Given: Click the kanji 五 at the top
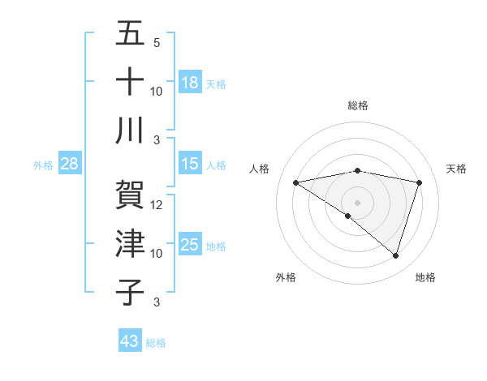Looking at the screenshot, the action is [x=130, y=35].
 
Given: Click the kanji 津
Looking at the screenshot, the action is [x=130, y=244].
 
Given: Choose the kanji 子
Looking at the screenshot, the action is [x=130, y=291].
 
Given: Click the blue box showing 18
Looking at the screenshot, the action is [x=190, y=82].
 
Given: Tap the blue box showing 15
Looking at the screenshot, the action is [x=190, y=164].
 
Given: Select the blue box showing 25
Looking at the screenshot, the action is [x=190, y=245].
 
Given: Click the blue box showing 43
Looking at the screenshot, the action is [x=130, y=341].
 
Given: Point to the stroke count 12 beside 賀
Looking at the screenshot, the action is [x=157, y=205].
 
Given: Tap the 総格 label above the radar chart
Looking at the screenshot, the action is [x=357, y=105].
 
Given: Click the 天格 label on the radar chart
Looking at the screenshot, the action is [x=457, y=169].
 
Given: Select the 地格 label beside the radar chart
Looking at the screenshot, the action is [x=425, y=277].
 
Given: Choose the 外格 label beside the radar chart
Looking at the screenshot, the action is [x=286, y=277].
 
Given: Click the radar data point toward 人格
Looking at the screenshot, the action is [x=295, y=182].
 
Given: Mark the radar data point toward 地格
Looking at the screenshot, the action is [x=396, y=256].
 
